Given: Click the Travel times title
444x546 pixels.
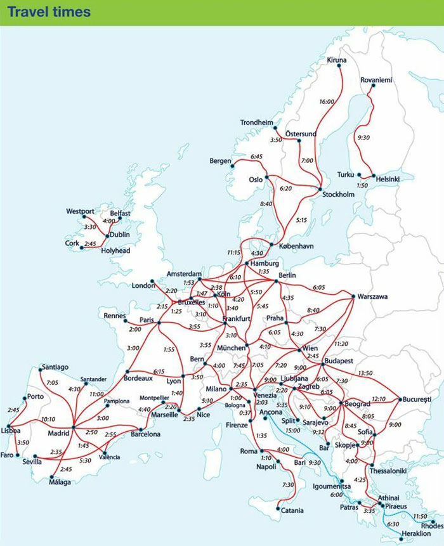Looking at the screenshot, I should [x=49, y=12].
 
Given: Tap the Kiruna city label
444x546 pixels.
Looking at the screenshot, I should [x=337, y=60].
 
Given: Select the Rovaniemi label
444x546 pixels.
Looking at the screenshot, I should [x=376, y=80].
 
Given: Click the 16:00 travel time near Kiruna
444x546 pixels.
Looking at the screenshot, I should [x=327, y=101].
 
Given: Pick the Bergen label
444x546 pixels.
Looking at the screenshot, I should [x=220, y=161].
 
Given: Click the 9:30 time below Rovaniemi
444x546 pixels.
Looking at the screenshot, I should [x=363, y=137].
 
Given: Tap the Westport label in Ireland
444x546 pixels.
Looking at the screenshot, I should [x=80, y=211].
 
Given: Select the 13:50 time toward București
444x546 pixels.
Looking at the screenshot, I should [x=365, y=373].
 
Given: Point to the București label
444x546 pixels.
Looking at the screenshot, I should [x=417, y=399].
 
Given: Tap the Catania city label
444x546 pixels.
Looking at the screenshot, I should [x=292, y=510].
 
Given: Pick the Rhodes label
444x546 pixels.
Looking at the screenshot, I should [x=431, y=525].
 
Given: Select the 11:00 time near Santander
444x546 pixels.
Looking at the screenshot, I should [x=97, y=394].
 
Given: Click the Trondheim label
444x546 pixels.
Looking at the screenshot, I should [x=256, y=122].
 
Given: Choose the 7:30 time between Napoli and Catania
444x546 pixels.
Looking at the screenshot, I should [x=288, y=484].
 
